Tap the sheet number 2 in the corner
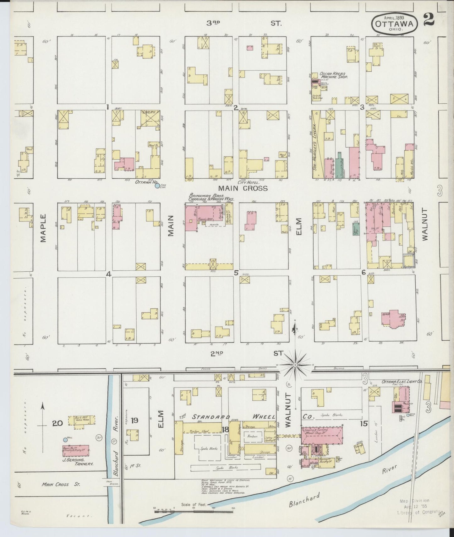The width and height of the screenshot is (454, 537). (x=429, y=19)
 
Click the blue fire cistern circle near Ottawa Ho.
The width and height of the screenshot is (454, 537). (x=157, y=186)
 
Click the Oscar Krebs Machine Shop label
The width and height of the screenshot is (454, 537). (x=333, y=75)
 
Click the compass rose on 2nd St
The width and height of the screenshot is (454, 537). (x=295, y=365)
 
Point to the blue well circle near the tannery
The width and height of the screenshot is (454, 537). (x=65, y=440)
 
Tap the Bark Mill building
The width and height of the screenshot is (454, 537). (x=82, y=420)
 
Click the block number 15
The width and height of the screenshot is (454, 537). (x=364, y=424)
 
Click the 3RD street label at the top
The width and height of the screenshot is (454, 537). (x=213, y=23)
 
